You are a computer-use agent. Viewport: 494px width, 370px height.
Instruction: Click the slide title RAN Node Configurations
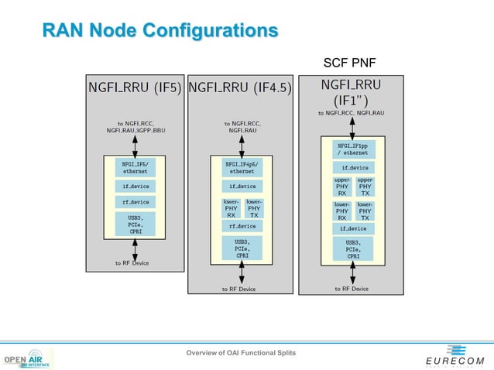[x=160, y=31]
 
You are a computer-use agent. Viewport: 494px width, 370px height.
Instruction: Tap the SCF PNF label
[x=350, y=63]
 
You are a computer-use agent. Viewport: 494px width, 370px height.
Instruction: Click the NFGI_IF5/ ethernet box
[x=136, y=167]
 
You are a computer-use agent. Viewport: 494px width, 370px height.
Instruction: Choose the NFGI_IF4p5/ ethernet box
[x=242, y=168]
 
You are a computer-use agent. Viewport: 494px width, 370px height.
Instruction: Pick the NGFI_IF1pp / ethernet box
[x=352, y=148]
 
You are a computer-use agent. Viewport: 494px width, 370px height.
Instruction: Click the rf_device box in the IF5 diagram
[x=136, y=202]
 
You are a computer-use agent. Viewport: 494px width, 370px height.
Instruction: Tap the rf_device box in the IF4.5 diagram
[x=242, y=226]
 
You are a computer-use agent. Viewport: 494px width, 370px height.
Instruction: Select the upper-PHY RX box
[x=341, y=186]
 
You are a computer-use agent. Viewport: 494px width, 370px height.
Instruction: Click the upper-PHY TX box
[x=365, y=186]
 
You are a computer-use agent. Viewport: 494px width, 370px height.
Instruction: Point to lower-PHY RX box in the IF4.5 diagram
[x=231, y=207]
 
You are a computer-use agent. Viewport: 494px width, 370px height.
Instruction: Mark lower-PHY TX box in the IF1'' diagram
[x=365, y=211]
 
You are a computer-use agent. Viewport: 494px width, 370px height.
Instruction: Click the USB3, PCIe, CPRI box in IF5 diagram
[x=136, y=224]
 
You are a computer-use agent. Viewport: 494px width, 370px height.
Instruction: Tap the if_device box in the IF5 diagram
[x=136, y=186]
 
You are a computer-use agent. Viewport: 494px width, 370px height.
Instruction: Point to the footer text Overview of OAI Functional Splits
[x=240, y=353]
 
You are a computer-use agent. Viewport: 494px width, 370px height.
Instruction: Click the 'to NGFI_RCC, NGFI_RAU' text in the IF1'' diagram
[x=351, y=113]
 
